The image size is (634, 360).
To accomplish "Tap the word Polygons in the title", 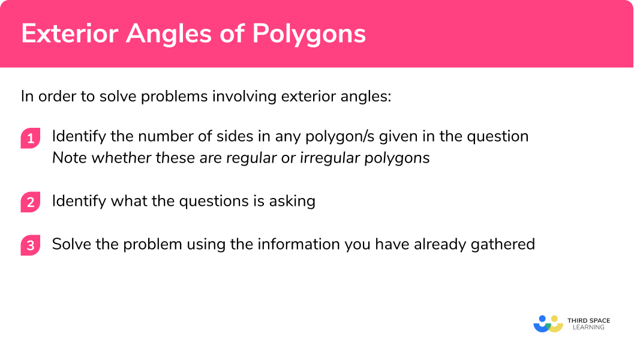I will click(309, 34).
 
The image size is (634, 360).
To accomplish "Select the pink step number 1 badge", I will click(31, 139).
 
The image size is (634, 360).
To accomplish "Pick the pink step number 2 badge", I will click(31, 202).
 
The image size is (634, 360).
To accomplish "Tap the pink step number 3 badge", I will click(31, 246).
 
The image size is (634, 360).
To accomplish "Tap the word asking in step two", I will click(294, 200).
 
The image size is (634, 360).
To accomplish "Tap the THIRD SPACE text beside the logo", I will click(588, 320).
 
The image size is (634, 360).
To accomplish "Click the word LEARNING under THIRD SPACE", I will click(588, 328).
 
